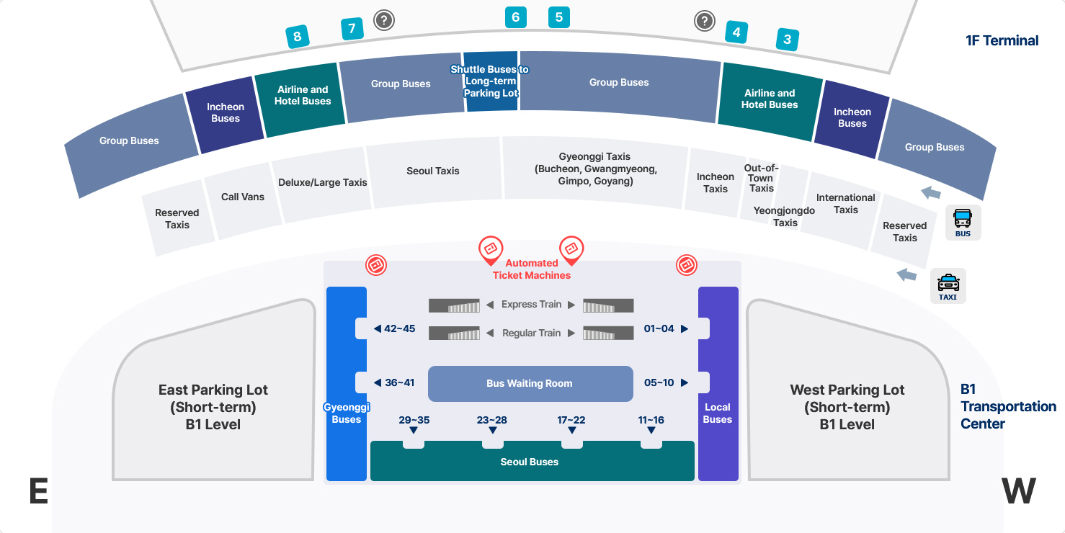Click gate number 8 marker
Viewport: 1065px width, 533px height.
pos(297,37)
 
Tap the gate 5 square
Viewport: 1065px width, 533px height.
pos(558,17)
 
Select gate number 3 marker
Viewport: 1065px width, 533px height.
pos(788,40)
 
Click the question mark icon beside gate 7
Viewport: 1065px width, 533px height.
pos(383,20)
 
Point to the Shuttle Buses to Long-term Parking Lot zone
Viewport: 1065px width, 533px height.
pos(490,81)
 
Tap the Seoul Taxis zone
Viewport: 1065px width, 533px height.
pos(433,171)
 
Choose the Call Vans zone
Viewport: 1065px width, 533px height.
pos(243,197)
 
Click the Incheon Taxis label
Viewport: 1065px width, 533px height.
pos(715,183)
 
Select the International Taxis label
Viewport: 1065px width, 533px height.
pos(845,204)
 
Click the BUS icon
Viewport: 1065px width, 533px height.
pos(963,223)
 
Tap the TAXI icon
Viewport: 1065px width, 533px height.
pos(948,286)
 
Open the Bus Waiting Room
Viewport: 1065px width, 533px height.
pos(530,384)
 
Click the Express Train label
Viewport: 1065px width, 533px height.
pos(531,305)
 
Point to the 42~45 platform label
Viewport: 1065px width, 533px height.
pos(399,328)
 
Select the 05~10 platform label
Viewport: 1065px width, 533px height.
pos(659,383)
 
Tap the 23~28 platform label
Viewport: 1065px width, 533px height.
pos(491,421)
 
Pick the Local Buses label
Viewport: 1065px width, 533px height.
pos(718,413)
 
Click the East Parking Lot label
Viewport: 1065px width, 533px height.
pos(213,407)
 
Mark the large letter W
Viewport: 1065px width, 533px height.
pos(1018,491)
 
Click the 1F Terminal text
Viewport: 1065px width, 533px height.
pos(1002,41)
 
